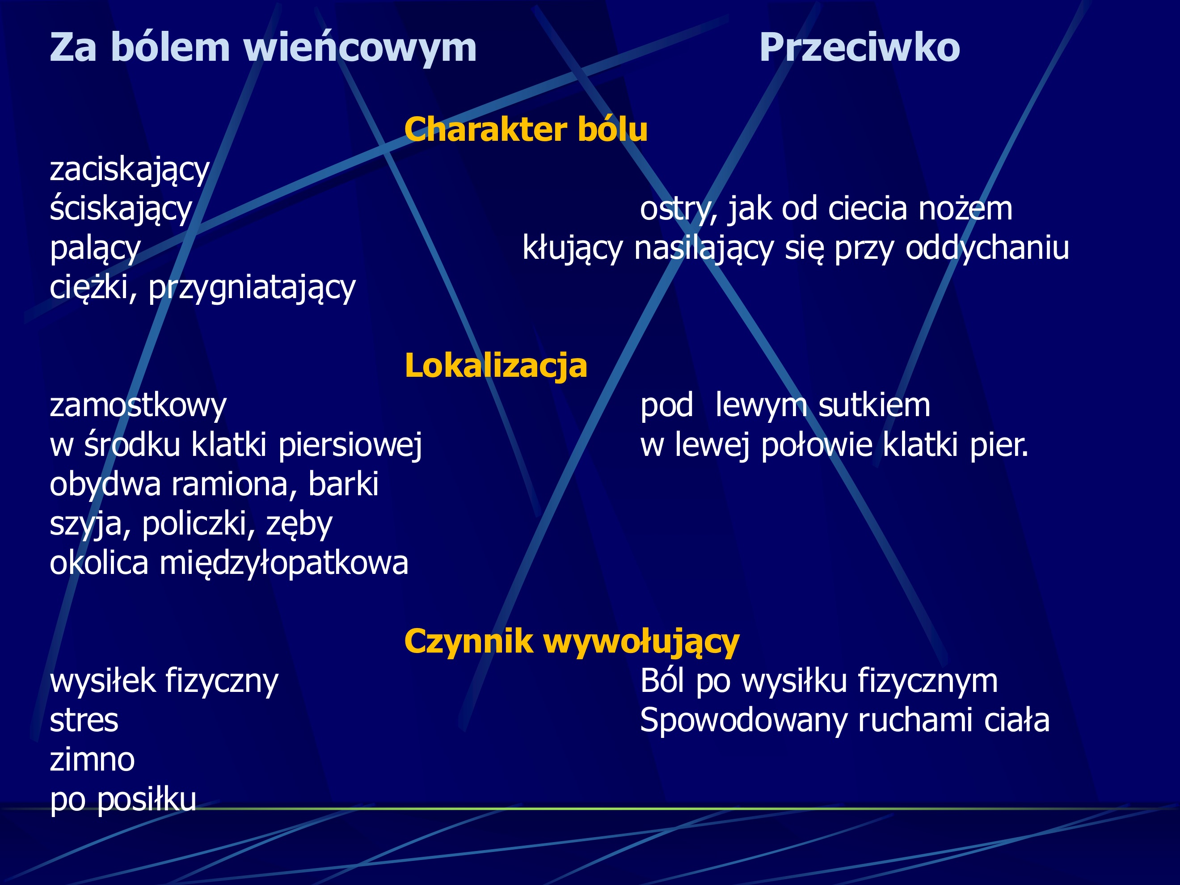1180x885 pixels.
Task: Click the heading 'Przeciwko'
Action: click(x=860, y=48)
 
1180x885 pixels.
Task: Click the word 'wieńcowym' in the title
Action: click(x=360, y=48)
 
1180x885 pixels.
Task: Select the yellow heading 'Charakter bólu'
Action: click(x=526, y=130)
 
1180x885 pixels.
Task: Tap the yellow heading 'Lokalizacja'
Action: click(x=496, y=366)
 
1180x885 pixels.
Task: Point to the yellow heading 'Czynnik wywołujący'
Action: click(x=572, y=641)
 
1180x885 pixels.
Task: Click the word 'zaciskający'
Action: click(x=130, y=170)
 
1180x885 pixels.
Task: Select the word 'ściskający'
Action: click(x=121, y=209)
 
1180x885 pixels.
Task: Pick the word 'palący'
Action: click(x=95, y=249)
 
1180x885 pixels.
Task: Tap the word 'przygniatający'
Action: click(x=252, y=288)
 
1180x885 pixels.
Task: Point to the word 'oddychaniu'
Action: click(x=987, y=249)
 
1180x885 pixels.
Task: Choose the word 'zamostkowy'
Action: click(x=138, y=405)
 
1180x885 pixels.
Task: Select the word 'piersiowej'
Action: click(x=350, y=445)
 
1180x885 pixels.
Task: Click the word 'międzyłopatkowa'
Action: click(x=284, y=563)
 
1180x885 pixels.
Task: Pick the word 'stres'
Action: click(x=84, y=721)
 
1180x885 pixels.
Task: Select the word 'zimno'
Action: click(x=92, y=760)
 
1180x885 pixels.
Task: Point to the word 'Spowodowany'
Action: click(x=744, y=721)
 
